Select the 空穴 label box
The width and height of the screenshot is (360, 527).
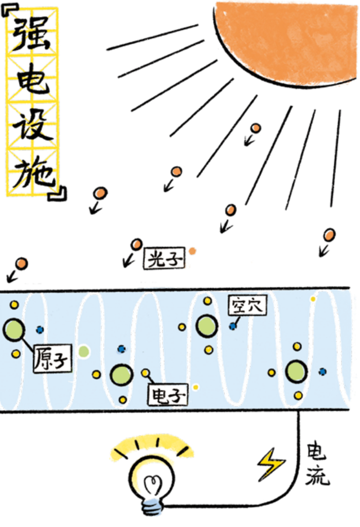pos(246,306)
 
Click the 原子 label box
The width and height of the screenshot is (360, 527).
pos(53,358)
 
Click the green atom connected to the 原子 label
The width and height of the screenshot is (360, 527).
pos(14,329)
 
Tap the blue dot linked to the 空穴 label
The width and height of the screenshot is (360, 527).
pos(233,326)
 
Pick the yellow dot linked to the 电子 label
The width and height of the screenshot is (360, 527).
pos(146,373)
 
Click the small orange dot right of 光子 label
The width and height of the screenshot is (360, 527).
pos(192,251)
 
